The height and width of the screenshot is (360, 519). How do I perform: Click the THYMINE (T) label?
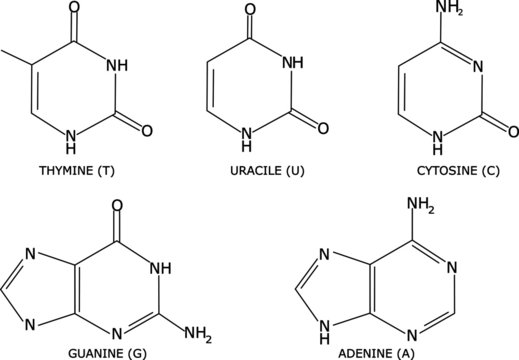point(75,170)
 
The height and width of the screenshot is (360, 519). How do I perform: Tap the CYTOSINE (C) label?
point(447,170)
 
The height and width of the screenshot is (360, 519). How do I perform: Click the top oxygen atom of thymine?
point(75,11)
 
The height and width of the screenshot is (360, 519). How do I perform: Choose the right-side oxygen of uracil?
point(323,128)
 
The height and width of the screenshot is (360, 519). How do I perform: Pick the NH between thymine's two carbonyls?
point(117,66)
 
